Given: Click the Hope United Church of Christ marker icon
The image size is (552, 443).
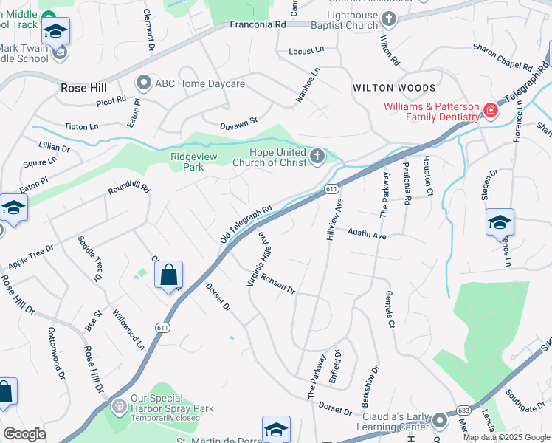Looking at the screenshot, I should pyautogui.click(x=317, y=155).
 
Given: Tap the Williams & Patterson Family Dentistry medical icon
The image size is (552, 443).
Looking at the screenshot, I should pyautogui.click(x=489, y=111).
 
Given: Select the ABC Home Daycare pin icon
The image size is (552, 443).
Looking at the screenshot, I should pyautogui.click(x=143, y=83).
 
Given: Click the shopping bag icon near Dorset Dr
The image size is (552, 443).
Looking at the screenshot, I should pyautogui.click(x=169, y=276).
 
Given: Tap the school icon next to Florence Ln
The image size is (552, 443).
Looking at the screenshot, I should pyautogui.click(x=500, y=221).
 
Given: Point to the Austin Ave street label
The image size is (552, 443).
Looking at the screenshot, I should pyautogui.click(x=368, y=234).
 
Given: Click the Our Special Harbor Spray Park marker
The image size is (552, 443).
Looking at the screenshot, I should pyautogui.click(x=118, y=407).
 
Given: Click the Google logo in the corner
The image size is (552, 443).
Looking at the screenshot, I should pyautogui.click(x=24, y=434).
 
